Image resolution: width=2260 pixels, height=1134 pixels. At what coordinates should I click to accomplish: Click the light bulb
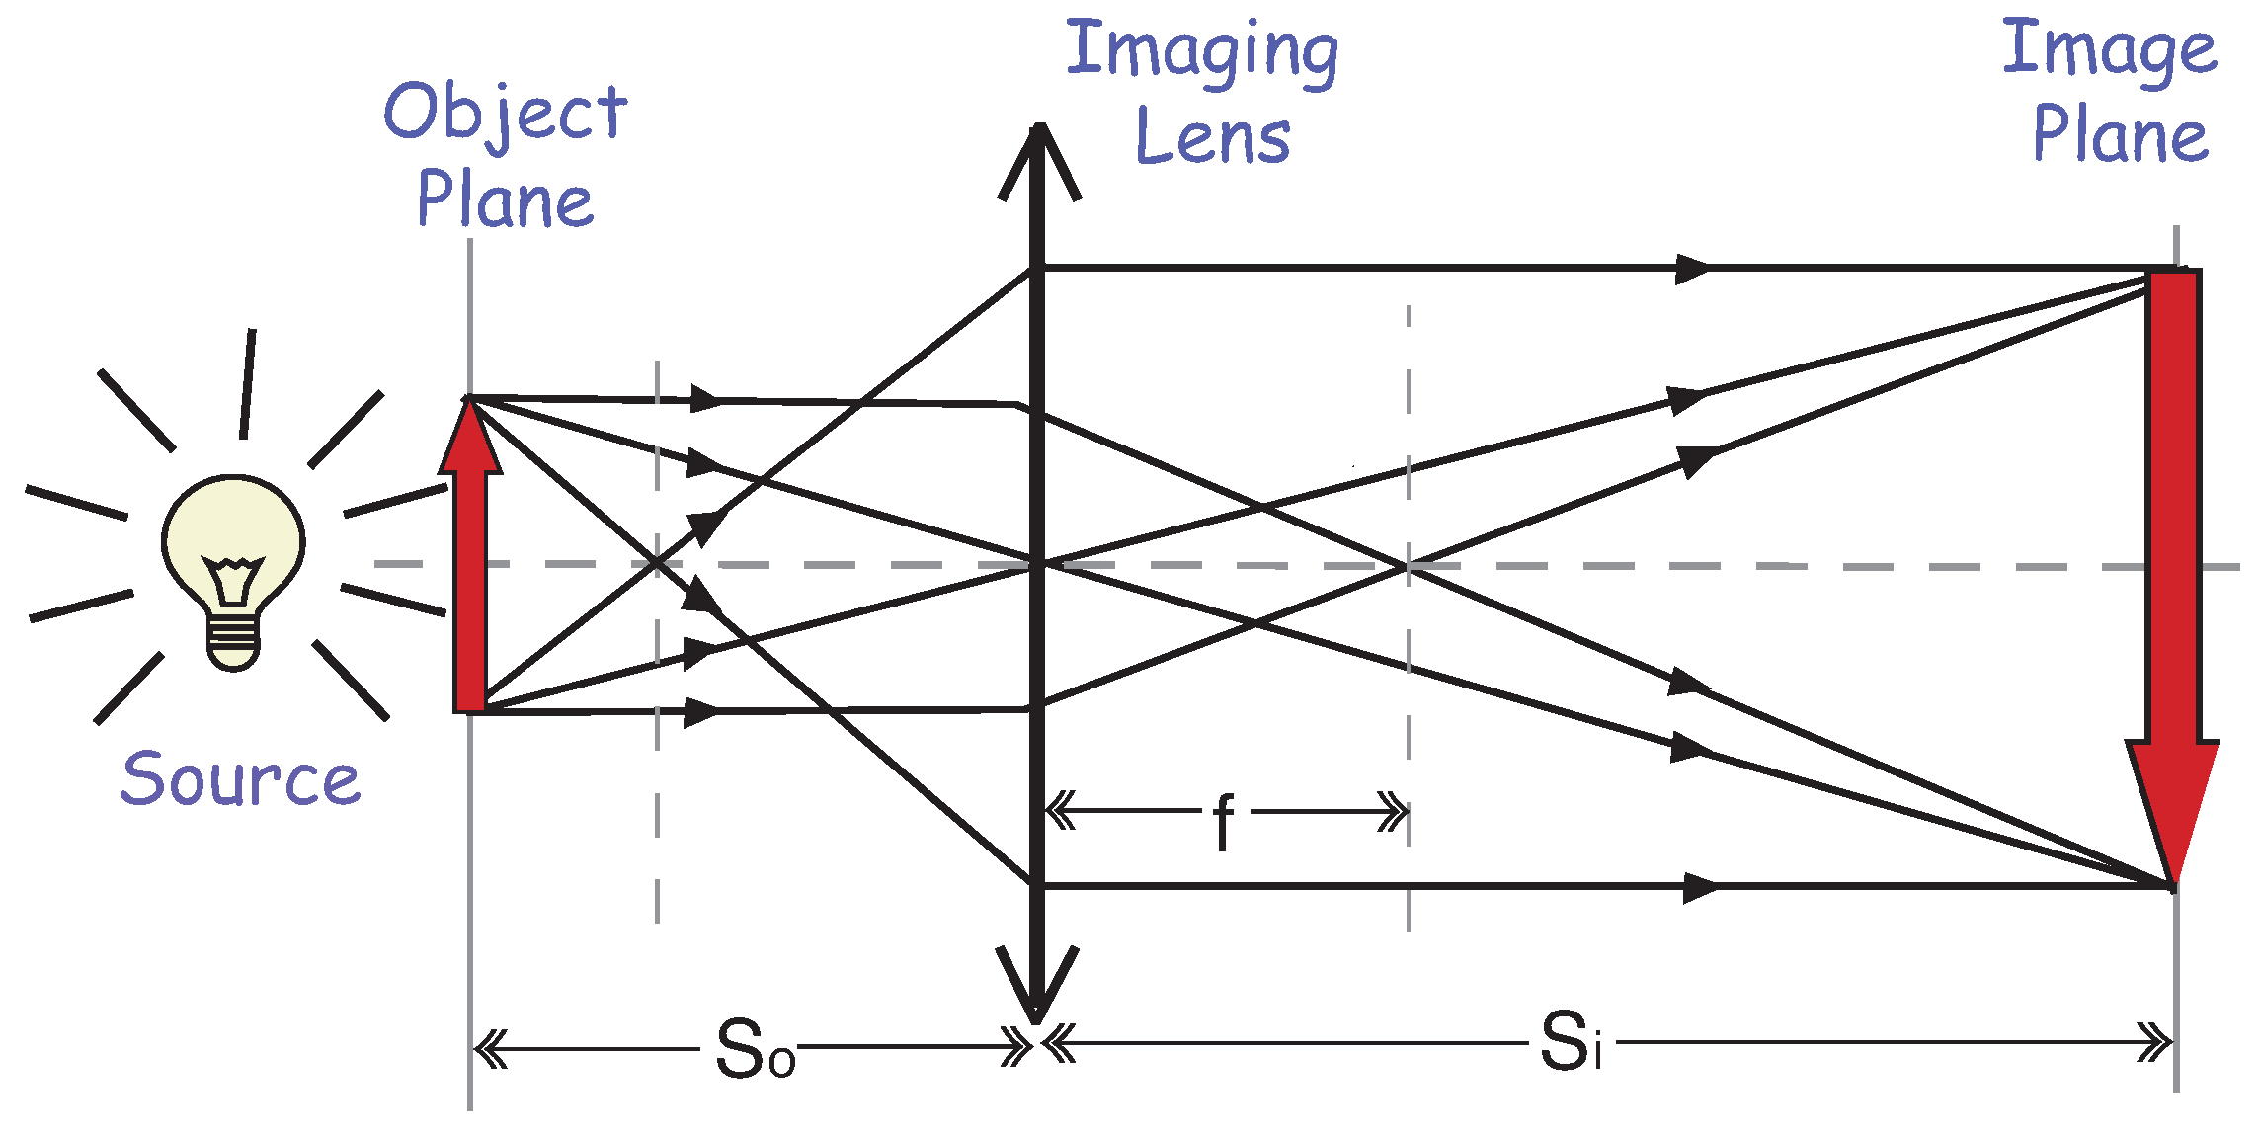coord(233,553)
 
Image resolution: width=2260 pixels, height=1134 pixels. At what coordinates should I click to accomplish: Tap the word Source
coord(240,778)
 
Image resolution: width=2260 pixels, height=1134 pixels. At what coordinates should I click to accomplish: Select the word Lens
coord(1213,136)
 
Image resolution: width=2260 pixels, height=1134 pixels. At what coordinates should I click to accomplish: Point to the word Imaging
coord(1202,51)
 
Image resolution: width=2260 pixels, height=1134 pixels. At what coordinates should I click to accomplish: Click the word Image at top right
coord(2109,49)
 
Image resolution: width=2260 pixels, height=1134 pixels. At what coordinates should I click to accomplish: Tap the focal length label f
coord(1224,820)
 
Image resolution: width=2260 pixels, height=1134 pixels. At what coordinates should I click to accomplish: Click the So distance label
coord(755,1049)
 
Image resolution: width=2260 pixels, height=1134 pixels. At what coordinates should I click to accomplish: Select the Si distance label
coord(1570,1043)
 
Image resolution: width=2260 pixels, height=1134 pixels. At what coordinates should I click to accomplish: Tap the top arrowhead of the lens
coord(1038,148)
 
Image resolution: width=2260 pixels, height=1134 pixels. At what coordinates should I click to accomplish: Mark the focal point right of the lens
coord(1408,566)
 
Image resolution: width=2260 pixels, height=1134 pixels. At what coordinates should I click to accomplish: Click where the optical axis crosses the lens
coord(1037,565)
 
